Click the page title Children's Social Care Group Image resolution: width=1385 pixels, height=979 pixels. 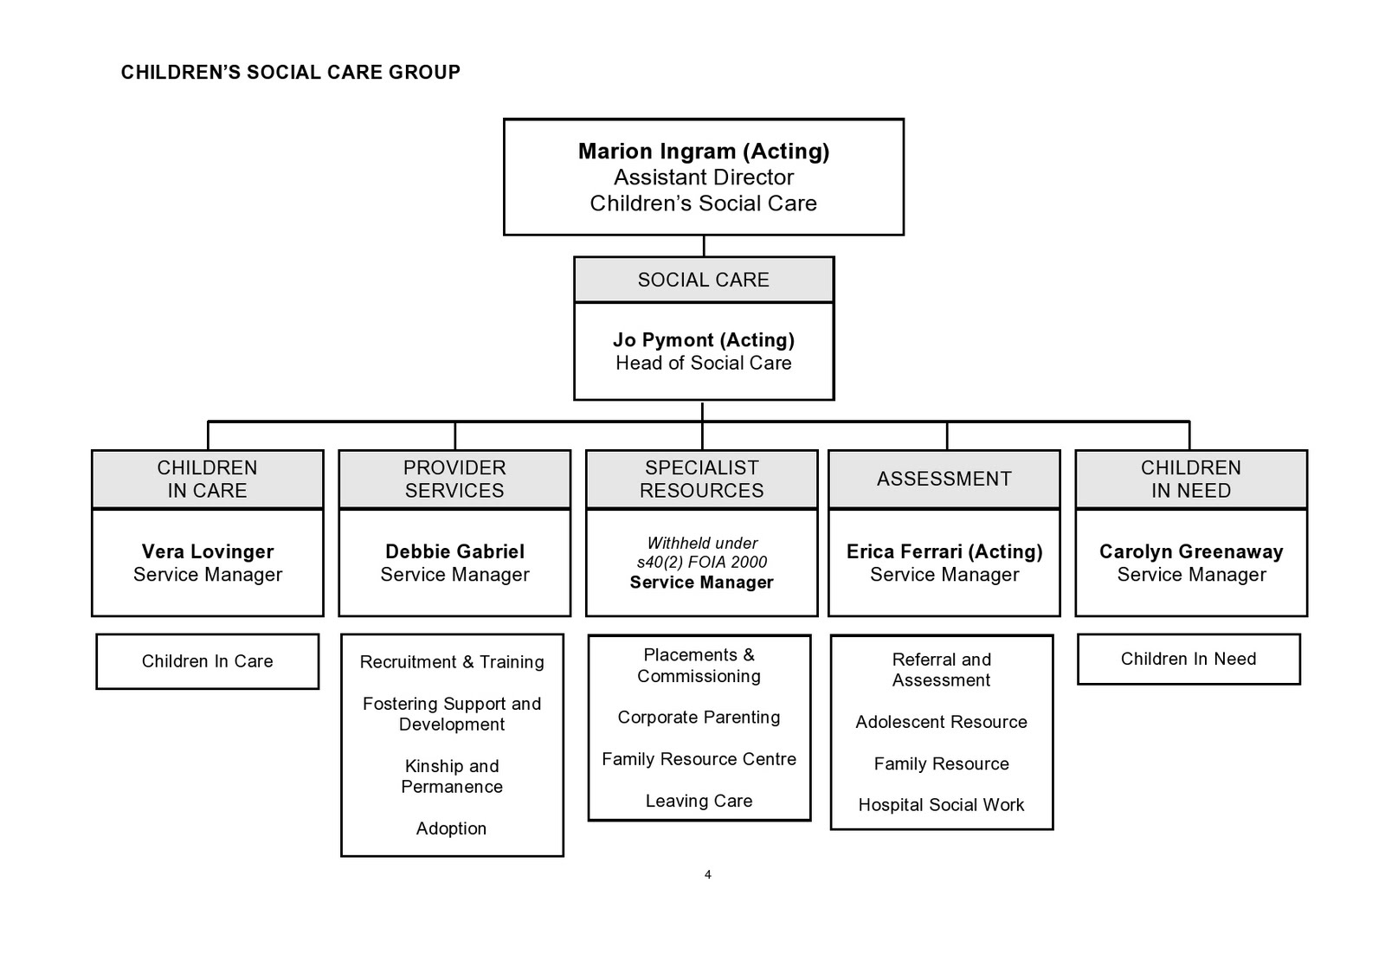(x=290, y=73)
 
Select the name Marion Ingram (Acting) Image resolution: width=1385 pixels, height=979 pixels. (x=703, y=151)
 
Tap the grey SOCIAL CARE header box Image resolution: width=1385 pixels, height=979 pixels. (x=703, y=280)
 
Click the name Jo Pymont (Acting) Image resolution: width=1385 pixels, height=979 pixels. (x=703, y=340)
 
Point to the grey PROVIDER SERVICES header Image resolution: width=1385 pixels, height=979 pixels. (x=454, y=479)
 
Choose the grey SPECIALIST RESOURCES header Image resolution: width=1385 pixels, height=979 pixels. (x=701, y=479)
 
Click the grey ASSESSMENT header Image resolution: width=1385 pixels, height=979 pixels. (x=944, y=479)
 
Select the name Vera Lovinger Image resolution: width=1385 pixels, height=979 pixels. (x=208, y=551)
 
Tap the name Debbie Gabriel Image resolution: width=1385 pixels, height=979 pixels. (x=454, y=551)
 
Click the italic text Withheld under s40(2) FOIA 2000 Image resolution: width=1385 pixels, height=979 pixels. (x=702, y=552)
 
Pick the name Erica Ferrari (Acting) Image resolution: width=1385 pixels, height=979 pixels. (x=944, y=551)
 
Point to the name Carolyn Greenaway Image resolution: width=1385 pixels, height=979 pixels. (x=1191, y=551)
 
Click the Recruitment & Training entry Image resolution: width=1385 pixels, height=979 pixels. (x=452, y=662)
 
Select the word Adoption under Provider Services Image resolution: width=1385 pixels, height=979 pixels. (x=451, y=828)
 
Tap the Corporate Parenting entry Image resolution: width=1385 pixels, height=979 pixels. (x=699, y=718)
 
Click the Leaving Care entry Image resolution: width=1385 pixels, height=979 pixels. (x=699, y=801)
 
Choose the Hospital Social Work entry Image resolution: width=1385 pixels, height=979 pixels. (x=941, y=805)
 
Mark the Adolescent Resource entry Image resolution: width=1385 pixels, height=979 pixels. (x=941, y=722)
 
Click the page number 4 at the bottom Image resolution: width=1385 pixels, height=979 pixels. (x=707, y=875)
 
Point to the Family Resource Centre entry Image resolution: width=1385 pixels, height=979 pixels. (x=699, y=759)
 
